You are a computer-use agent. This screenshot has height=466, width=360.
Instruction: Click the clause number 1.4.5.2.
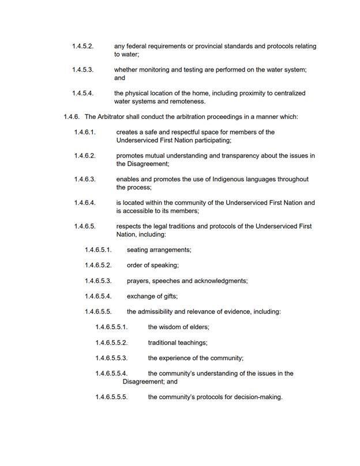click(82, 46)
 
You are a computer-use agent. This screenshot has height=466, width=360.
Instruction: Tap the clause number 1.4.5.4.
click(82, 93)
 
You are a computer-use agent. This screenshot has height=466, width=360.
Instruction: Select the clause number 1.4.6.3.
click(84, 179)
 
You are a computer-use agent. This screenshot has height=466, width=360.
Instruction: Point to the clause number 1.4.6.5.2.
click(97, 265)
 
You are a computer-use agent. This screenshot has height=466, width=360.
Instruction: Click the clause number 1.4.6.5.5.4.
click(111, 374)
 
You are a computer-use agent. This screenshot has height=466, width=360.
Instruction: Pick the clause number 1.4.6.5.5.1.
click(111, 327)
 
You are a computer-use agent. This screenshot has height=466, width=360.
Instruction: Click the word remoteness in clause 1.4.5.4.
click(188, 102)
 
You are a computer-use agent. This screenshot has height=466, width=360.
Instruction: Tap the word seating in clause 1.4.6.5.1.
click(138, 250)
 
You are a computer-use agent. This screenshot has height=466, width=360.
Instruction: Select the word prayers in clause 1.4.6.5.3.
click(138, 281)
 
